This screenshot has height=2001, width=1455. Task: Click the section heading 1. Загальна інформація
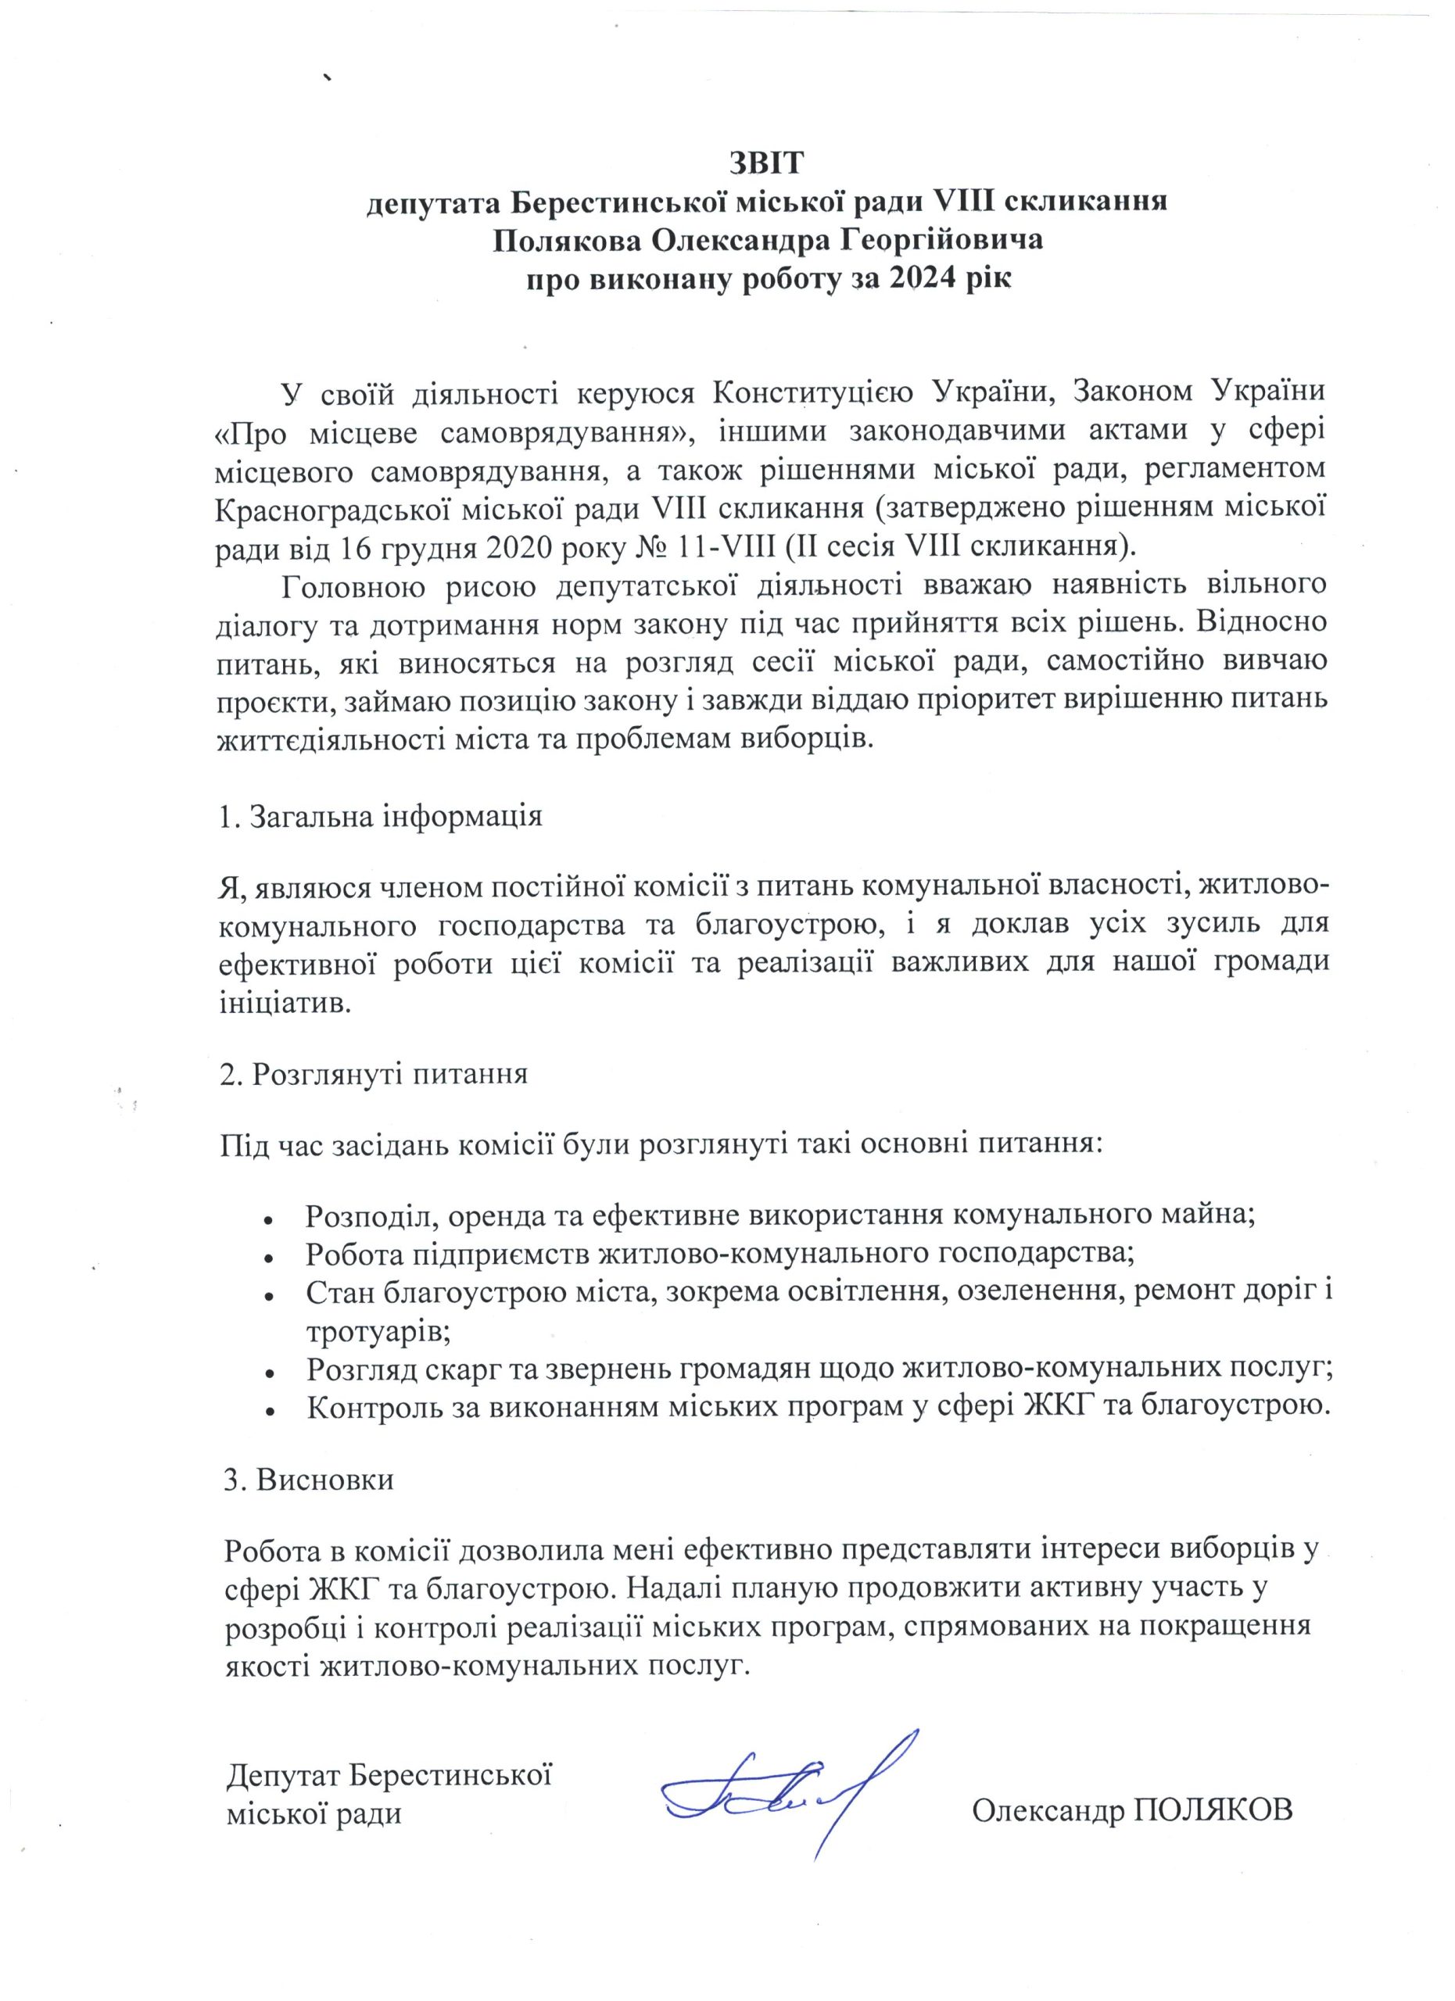tap(380, 815)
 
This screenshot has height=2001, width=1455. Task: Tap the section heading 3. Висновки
tap(309, 1480)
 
